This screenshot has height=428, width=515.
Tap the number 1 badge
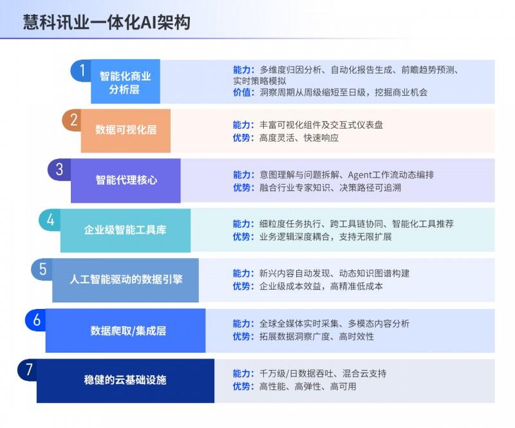click(81, 70)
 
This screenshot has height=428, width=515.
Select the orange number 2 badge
click(73, 120)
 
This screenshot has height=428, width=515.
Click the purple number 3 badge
click(59, 169)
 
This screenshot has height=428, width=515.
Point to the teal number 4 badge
click(50, 219)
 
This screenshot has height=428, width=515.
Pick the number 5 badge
click(42, 269)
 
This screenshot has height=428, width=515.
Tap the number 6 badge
click(36, 319)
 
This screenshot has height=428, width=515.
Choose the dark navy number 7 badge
click(28, 370)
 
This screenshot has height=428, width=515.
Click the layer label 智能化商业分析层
click(125, 82)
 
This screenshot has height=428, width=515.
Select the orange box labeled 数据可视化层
click(126, 130)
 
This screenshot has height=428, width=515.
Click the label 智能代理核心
click(126, 180)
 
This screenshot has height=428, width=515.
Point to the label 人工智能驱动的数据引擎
click(126, 280)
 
